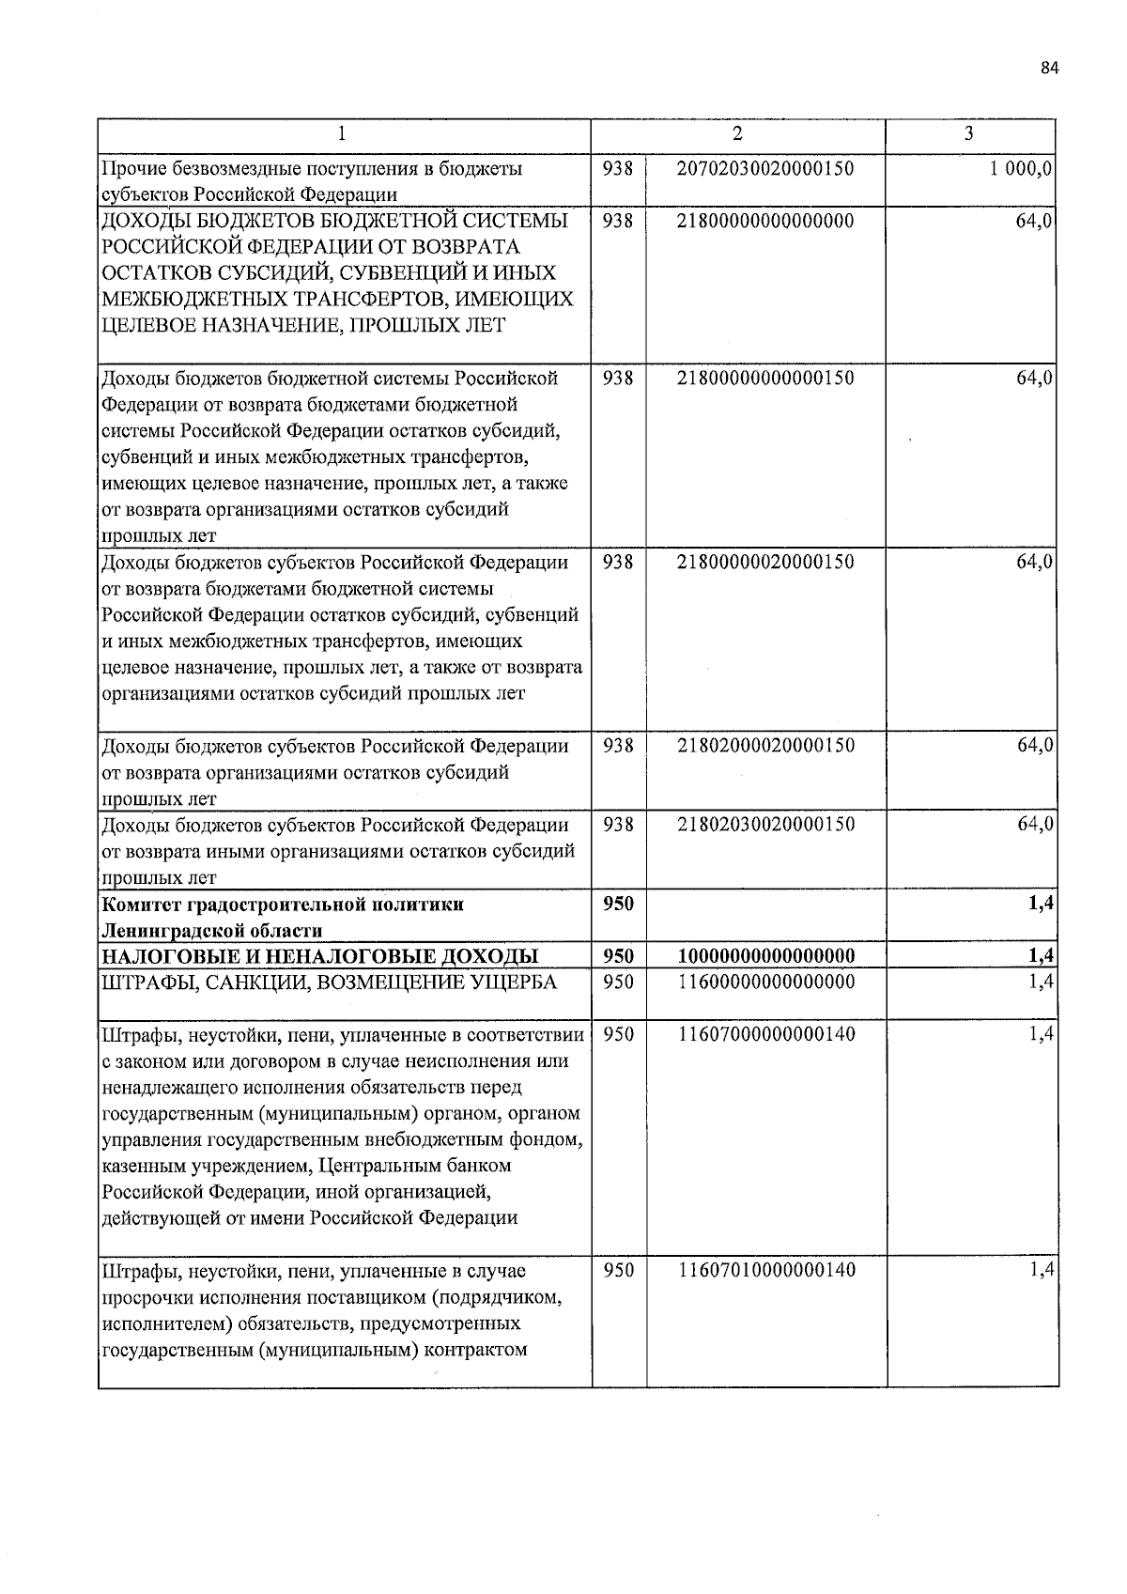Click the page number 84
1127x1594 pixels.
(x=1049, y=67)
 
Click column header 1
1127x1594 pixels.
(x=344, y=134)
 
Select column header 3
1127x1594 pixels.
(x=969, y=134)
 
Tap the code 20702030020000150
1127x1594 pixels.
(x=765, y=169)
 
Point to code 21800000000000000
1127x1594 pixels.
(x=765, y=222)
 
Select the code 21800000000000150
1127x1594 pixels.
(x=765, y=379)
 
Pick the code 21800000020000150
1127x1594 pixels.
(x=765, y=563)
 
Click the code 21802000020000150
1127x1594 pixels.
(x=765, y=746)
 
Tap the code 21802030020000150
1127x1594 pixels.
(x=765, y=825)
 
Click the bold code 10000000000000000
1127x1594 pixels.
(x=765, y=957)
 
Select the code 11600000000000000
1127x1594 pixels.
(x=765, y=983)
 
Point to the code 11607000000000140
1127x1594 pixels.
(x=765, y=1035)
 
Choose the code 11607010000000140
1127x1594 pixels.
(x=765, y=1271)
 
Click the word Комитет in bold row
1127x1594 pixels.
(x=141, y=905)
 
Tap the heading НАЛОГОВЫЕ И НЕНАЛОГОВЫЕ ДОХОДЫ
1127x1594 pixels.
(x=319, y=957)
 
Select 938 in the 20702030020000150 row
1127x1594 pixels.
(x=618, y=169)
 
